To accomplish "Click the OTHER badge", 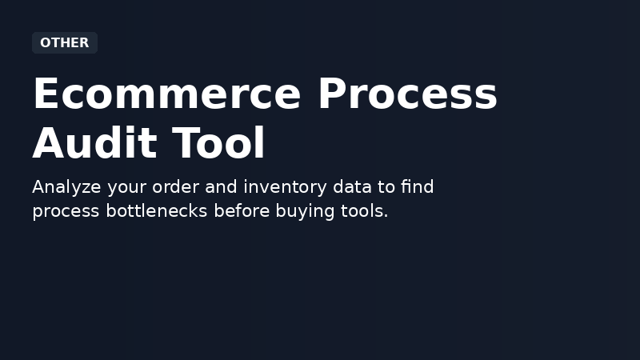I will pyautogui.click(x=64, y=43).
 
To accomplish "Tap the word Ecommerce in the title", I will pyautogui.click(x=166, y=94).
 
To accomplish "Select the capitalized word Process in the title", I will pyautogui.click(x=407, y=94).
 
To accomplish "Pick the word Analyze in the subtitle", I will pyautogui.click(x=67, y=188).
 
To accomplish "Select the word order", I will pyautogui.click(x=178, y=188).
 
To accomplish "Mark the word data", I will pyautogui.click(x=352, y=188).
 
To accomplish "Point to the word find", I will pyautogui.click(x=417, y=188).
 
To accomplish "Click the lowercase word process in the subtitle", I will pyautogui.click(x=66, y=212).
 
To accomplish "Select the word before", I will pyautogui.click(x=242, y=212).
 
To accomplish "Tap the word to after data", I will pyautogui.click(x=386, y=188).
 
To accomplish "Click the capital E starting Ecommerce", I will pyautogui.click(x=45, y=94).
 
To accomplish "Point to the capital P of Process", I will pyautogui.click(x=330, y=94).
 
